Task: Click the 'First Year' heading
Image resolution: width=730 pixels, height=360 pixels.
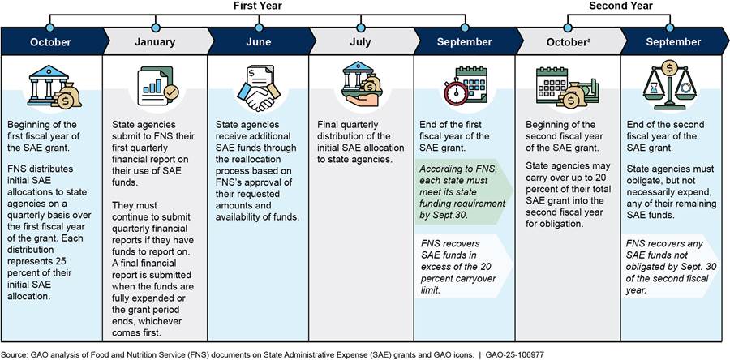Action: pyautogui.click(x=258, y=6)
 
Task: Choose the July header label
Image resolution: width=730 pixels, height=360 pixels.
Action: pyautogui.click(x=362, y=41)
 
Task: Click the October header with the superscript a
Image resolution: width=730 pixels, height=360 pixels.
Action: pyautogui.click(x=568, y=41)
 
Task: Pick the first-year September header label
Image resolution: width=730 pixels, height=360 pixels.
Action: pyautogui.click(x=464, y=41)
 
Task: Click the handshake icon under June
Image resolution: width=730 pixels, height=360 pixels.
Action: pyautogui.click(x=259, y=87)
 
